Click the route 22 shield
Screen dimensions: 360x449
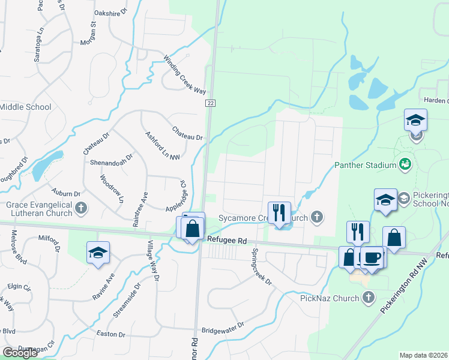pos(210,103)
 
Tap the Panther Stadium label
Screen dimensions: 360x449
pos(365,165)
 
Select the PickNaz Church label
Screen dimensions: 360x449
pos(330,298)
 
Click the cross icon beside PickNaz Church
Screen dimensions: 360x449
pos(369,298)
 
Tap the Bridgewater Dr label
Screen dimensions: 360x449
pos(223,327)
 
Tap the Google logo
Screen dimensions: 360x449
pos(20,353)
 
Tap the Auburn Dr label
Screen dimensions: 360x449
pos(66,194)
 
